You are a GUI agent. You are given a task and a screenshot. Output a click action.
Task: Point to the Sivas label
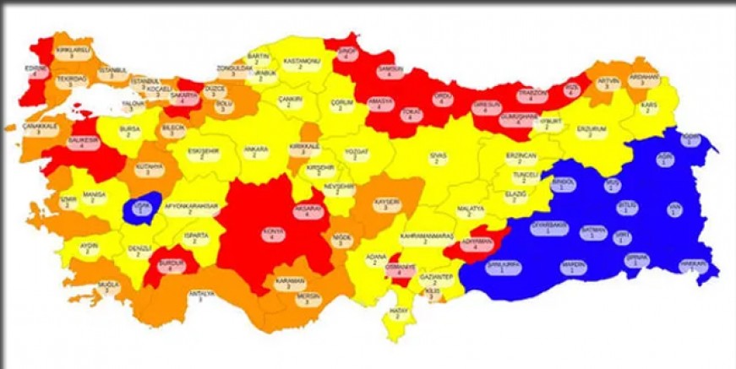(436, 158)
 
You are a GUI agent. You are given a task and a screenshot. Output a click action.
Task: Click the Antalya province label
(205, 296)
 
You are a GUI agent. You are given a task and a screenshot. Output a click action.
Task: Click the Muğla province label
(108, 287)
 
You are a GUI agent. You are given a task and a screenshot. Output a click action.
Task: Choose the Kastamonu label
(298, 63)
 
